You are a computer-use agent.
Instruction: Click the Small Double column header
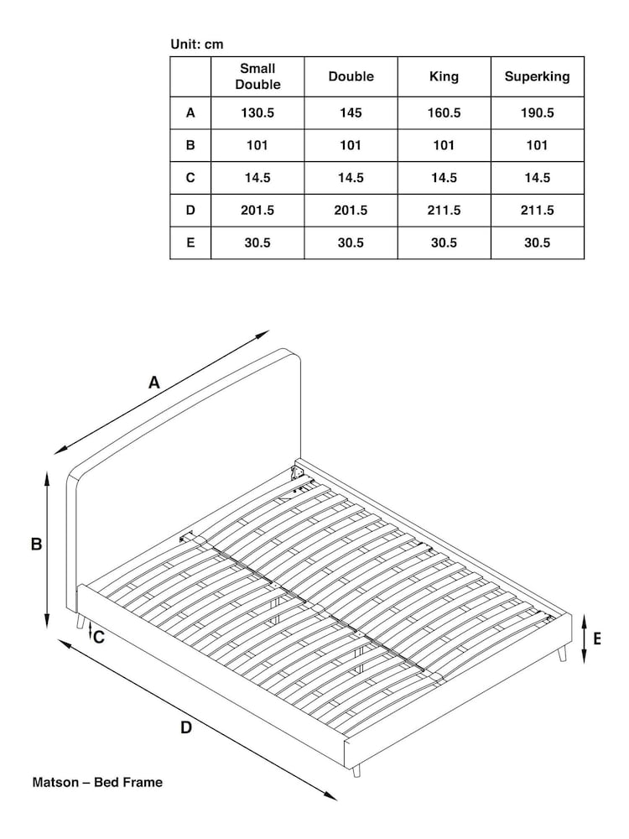click(257, 76)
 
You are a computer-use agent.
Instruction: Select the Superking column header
click(537, 76)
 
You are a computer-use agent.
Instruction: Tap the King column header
click(444, 76)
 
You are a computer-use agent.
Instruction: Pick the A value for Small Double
click(257, 112)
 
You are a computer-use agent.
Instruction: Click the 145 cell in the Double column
click(351, 112)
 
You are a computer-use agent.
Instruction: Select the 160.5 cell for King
click(444, 112)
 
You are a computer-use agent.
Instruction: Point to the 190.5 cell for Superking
click(537, 112)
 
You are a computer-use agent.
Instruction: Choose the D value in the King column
click(444, 211)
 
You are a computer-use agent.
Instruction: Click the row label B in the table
click(190, 145)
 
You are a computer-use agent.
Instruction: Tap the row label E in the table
click(190, 243)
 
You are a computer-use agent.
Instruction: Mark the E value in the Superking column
click(537, 243)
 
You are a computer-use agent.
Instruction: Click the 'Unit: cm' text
click(197, 44)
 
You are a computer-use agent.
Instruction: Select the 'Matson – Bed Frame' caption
click(97, 782)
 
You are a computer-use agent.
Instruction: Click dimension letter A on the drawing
click(154, 383)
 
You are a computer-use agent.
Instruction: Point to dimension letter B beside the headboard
click(36, 545)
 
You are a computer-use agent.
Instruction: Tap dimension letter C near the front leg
click(99, 637)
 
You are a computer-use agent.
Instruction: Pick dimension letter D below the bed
click(186, 727)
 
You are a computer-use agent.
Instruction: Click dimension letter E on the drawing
click(597, 638)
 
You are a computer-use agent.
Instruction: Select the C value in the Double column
click(351, 178)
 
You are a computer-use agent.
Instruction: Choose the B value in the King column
click(444, 145)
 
